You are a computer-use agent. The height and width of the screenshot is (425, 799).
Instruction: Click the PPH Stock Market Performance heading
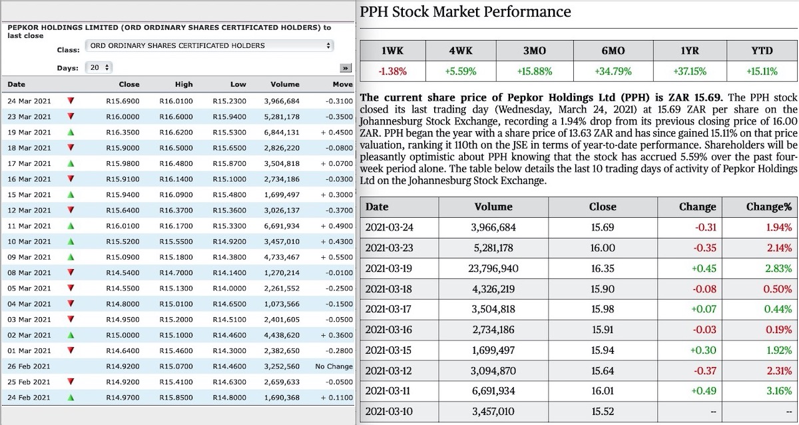point(465,11)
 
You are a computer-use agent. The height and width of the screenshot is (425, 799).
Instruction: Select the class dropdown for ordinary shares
point(210,46)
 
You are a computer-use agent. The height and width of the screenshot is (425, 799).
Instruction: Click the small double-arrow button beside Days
point(345,68)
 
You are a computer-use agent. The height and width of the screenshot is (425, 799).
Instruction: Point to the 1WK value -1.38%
point(393,71)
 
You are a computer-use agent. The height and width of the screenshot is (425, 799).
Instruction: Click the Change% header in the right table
point(769,207)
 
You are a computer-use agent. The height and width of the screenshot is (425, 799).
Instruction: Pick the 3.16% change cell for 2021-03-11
point(778,391)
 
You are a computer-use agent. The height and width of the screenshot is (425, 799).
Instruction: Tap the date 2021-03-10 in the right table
point(390,412)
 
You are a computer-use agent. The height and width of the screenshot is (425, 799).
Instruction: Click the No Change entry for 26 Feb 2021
point(334,366)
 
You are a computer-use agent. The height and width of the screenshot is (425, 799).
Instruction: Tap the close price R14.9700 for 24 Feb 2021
point(123,398)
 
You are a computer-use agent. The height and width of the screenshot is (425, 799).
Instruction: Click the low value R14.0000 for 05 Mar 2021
point(229,288)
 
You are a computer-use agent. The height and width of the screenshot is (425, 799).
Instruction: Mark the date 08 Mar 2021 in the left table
point(29,272)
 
